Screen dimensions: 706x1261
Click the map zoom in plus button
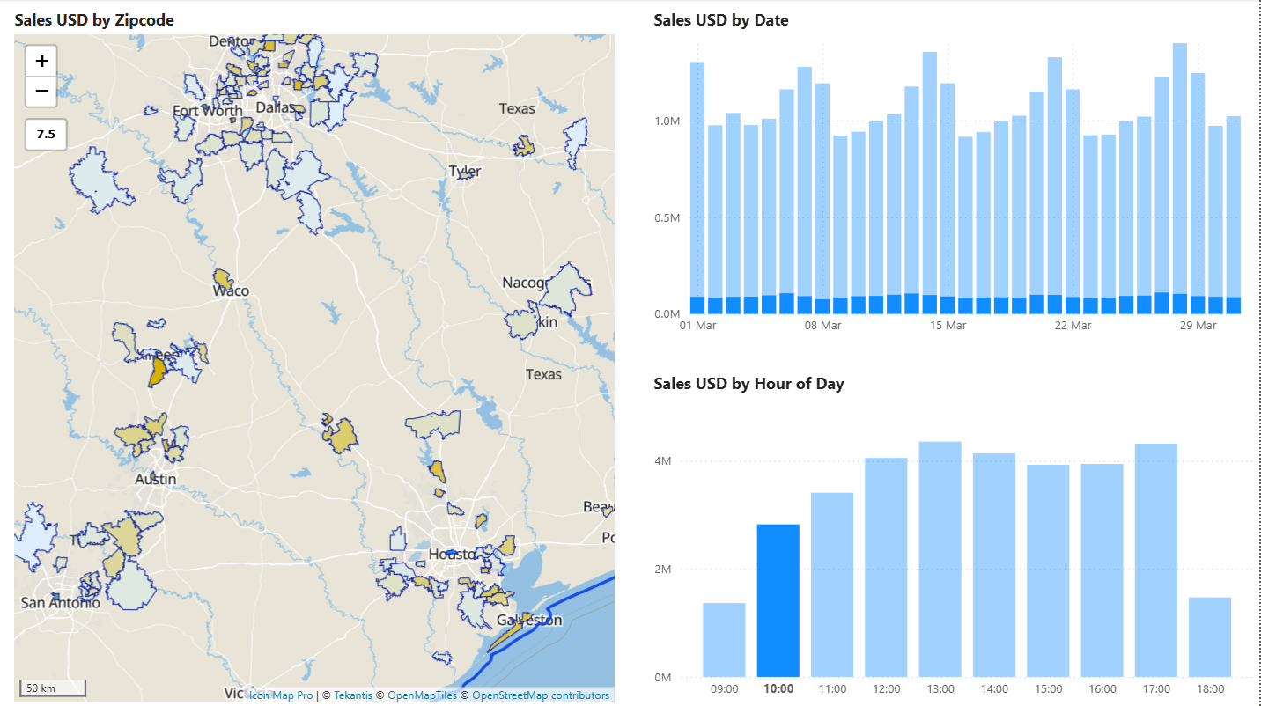pos(41,62)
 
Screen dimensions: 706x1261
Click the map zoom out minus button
pos(41,91)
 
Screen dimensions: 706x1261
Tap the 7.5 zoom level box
pos(46,135)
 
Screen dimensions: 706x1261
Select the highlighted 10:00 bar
pos(778,600)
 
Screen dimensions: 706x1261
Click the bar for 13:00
pos(940,559)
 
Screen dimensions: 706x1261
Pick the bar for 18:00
pos(1209,636)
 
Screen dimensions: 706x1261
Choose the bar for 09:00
pos(724,639)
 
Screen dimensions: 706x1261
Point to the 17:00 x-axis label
pos(1155,689)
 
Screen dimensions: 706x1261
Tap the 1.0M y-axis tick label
pos(667,121)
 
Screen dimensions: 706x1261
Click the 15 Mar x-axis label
pos(948,326)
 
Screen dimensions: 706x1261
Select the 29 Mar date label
pos(1198,326)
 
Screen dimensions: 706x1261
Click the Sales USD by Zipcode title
pos(94,19)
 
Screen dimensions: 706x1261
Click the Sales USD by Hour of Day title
pos(748,384)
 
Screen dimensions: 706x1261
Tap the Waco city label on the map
pos(231,291)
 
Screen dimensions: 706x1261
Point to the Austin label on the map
pos(156,480)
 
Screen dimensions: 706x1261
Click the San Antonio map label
pos(60,603)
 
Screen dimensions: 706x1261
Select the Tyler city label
pos(465,171)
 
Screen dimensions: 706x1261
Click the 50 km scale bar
pos(53,688)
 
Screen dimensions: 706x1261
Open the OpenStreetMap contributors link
pos(540,695)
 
